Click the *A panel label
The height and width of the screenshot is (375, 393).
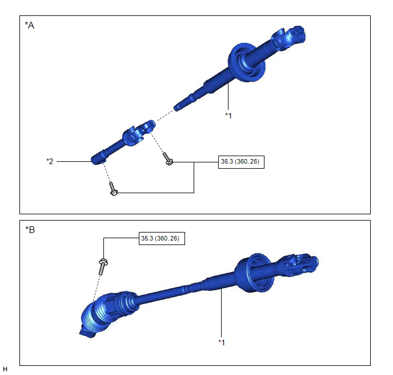coord(29,25)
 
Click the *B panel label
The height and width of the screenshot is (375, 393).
coord(30,230)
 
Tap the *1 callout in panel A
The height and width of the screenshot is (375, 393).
coord(228,116)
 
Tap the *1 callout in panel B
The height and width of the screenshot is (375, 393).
coord(222,343)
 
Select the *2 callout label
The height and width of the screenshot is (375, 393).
coord(50,161)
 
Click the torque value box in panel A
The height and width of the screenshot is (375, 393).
coord(241,162)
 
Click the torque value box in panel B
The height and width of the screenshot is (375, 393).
coord(162,238)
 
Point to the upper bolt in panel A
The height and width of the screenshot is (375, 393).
coord(168,159)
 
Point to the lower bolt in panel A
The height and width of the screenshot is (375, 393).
coord(113,189)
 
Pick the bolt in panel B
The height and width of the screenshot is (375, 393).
coord(103,267)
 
